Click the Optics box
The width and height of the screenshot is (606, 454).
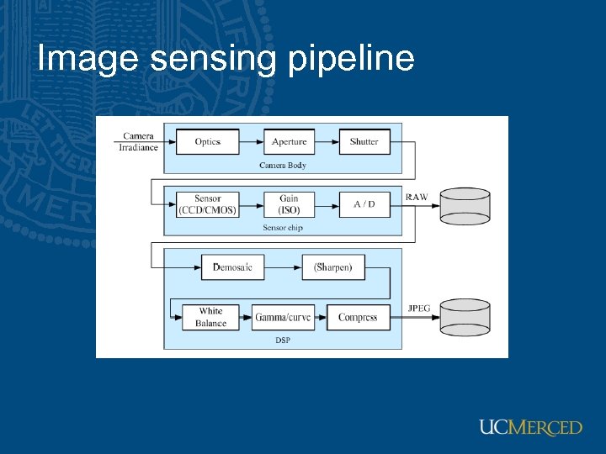pos(207,142)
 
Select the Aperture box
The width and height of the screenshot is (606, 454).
pos(289,142)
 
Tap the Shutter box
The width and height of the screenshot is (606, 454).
pos(364,142)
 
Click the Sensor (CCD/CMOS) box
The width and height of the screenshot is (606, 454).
pos(207,204)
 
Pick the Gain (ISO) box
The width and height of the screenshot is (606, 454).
pos(289,204)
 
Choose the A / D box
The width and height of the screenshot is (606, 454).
pos(364,204)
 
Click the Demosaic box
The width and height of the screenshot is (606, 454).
pos(232,267)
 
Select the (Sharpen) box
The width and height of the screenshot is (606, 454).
pos(333,267)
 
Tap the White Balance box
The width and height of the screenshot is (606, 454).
pos(210,317)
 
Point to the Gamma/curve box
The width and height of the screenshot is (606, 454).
pos(283,317)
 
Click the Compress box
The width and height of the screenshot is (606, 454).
pos(358,317)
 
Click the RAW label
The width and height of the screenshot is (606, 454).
pos(417,198)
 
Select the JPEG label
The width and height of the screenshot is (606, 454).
pos(418,309)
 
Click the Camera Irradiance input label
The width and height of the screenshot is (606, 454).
pos(139,142)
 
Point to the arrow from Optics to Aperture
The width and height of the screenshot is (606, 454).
pos(251,142)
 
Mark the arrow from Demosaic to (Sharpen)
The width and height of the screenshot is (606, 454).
pos(283,267)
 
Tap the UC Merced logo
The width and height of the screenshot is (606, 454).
pos(530,427)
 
